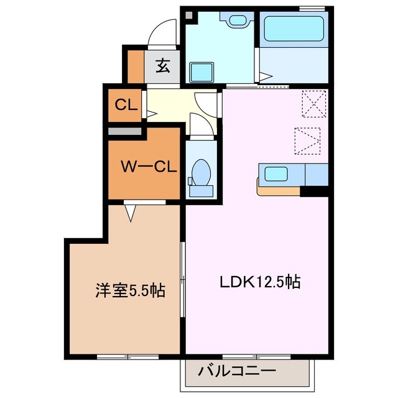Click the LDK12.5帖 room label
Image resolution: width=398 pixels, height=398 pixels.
pyautogui.click(x=260, y=282)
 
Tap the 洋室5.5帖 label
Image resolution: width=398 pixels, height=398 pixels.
pyautogui.click(x=130, y=290)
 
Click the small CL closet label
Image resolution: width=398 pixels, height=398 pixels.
pyautogui.click(x=126, y=104)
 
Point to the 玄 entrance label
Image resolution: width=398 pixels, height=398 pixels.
pyautogui.click(x=163, y=65)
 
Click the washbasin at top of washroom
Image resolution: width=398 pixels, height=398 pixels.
pyautogui.click(x=237, y=21)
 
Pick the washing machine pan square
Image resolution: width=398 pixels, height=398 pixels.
pyautogui.click(x=201, y=72)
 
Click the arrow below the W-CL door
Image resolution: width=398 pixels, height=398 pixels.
pyautogui.click(x=131, y=213)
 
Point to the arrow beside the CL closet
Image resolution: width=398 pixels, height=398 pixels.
pyautogui.click(x=151, y=114)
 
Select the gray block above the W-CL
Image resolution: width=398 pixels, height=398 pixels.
pyautogui.click(x=126, y=131)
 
